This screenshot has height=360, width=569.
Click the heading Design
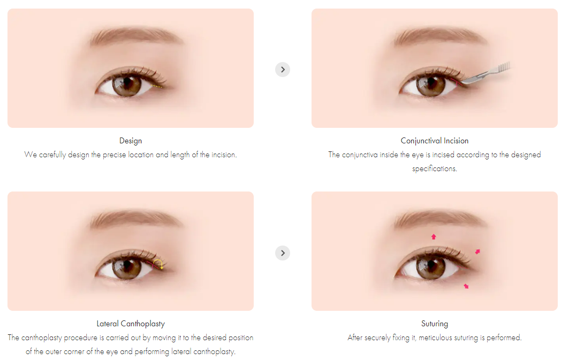click(131, 141)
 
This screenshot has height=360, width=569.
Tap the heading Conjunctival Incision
click(434, 141)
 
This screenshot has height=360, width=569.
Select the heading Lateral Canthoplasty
click(131, 324)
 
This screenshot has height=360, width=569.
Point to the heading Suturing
click(434, 324)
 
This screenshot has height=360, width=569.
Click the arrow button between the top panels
click(283, 69)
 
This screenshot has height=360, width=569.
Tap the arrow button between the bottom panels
click(283, 252)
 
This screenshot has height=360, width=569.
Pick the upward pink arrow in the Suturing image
click(434, 236)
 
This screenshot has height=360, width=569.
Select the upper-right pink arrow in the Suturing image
click(477, 251)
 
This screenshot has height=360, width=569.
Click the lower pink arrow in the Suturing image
click(466, 286)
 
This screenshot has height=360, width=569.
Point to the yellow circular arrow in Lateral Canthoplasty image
click(158, 264)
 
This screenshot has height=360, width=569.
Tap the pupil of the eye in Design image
click(127, 85)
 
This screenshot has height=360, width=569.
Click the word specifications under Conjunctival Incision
click(434, 168)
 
